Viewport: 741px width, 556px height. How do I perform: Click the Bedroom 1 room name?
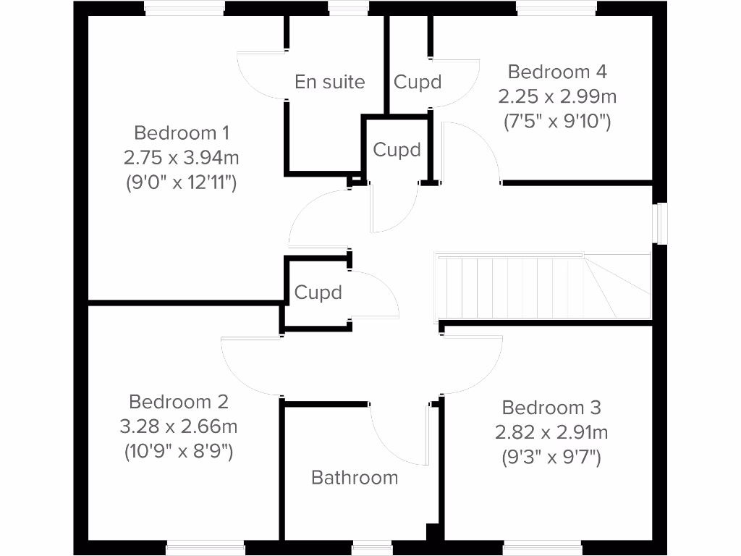[182, 133]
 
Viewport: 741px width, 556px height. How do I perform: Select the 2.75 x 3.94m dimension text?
[182, 157]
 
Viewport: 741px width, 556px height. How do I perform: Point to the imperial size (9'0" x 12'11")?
[182, 182]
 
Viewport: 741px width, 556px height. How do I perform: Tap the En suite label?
[330, 82]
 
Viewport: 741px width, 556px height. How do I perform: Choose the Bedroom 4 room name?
[557, 72]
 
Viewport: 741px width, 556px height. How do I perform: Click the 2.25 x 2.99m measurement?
[557, 96]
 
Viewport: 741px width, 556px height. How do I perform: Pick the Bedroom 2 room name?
[179, 401]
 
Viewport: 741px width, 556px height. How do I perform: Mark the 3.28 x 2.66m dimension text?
[179, 426]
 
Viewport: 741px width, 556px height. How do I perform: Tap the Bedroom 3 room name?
[551, 408]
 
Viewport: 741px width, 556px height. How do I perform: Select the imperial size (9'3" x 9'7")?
[551, 457]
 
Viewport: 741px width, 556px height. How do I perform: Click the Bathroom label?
[355, 478]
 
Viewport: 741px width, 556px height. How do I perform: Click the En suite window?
[348, 8]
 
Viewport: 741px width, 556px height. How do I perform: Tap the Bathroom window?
[372, 547]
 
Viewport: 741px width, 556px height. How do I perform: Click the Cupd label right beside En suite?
[418, 82]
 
